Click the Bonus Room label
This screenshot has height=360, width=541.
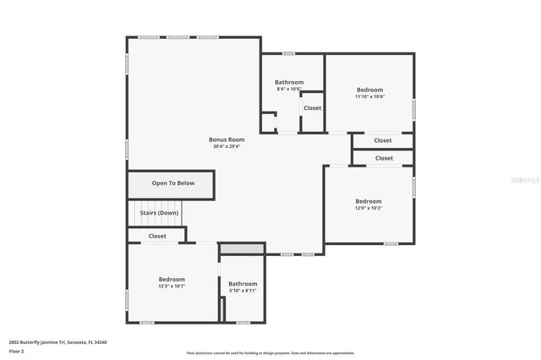pos(227,139)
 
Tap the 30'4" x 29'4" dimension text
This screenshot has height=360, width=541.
pos(227,146)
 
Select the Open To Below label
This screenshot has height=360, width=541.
pos(172,183)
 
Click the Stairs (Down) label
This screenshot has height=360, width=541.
pos(158,213)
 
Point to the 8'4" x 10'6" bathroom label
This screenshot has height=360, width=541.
pos(289,82)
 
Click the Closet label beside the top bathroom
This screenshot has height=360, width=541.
pos(312,108)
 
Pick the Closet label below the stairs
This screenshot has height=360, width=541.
pos(157,237)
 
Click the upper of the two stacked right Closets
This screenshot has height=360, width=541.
pos(383,140)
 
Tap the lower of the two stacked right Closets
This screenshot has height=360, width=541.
pos(384,158)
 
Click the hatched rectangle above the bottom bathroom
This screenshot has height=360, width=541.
pos(242,249)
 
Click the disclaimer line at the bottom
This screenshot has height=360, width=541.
pos(270,353)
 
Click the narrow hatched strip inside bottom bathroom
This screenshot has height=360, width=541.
pos(222,309)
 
